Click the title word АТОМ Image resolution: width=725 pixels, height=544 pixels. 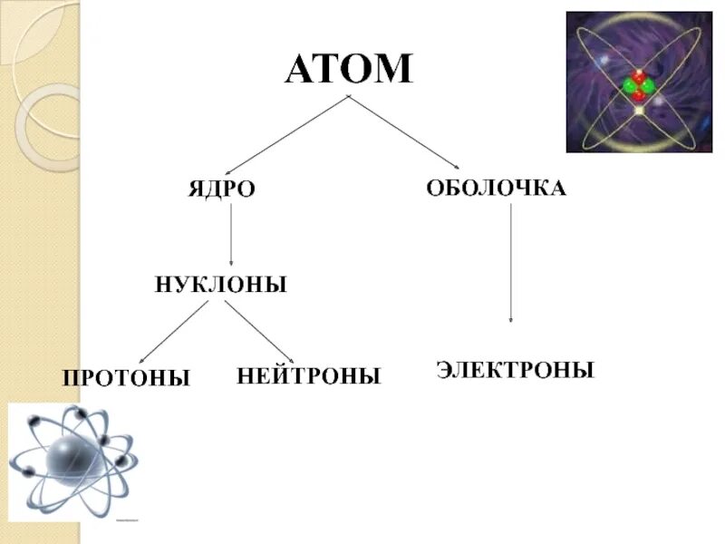348,70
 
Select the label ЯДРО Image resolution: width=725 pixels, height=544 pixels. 221,190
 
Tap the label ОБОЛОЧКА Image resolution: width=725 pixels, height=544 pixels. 496,189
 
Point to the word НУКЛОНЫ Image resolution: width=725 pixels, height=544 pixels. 221,285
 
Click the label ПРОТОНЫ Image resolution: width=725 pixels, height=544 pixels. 126,377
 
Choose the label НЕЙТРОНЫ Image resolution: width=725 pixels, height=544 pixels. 308,375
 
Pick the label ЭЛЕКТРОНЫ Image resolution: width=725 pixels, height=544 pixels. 515,370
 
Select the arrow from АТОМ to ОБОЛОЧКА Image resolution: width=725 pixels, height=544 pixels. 412,133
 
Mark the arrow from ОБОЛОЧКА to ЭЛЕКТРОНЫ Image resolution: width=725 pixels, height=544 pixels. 511,263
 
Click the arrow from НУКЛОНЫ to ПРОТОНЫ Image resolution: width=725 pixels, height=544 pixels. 173,331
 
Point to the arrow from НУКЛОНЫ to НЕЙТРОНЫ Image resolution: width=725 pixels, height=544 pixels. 259,331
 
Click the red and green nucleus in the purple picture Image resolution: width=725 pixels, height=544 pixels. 637,85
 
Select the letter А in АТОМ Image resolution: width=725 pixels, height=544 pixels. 302,70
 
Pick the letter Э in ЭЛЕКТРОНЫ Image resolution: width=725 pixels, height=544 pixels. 445,370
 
